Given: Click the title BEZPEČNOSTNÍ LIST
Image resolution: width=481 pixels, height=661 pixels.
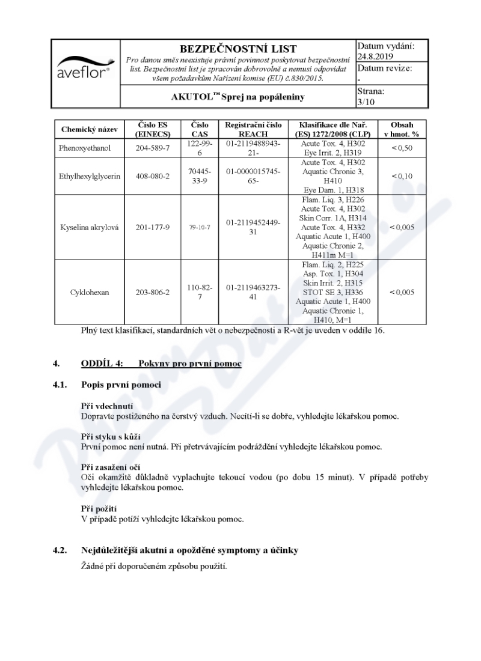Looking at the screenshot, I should [x=238, y=49].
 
